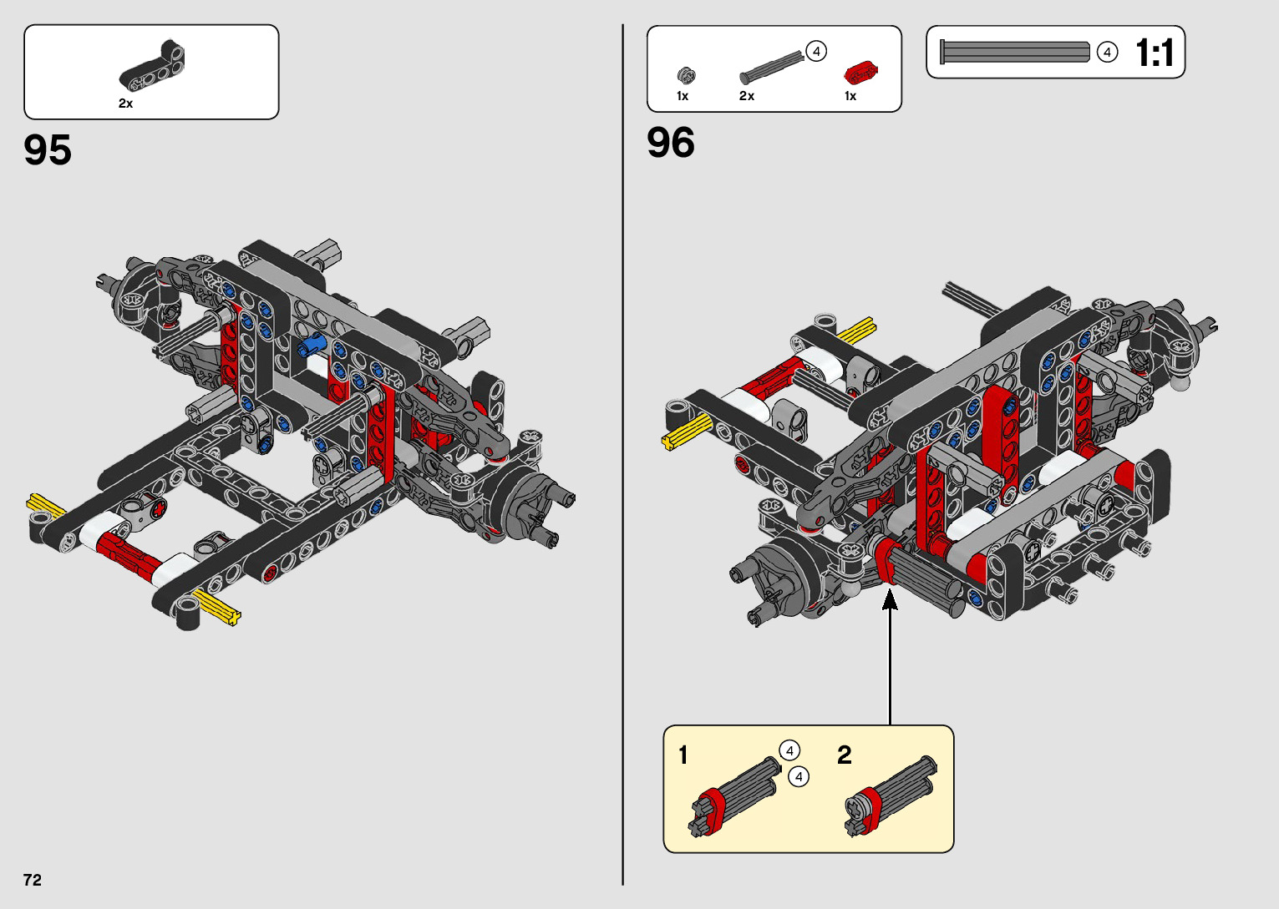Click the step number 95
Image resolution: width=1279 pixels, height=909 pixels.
point(48,150)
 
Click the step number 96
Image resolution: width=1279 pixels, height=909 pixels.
point(670,143)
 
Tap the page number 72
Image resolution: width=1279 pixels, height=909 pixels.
point(33,880)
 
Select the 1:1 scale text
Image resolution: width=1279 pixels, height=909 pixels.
point(1155,53)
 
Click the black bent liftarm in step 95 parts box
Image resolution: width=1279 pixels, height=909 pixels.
point(152,66)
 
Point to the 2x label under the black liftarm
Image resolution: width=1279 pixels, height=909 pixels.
point(125,104)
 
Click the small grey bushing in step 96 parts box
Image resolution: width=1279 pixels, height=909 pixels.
point(686,75)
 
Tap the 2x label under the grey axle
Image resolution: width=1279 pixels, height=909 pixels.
point(746,96)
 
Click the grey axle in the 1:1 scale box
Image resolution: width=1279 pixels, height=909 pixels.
point(1015,52)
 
